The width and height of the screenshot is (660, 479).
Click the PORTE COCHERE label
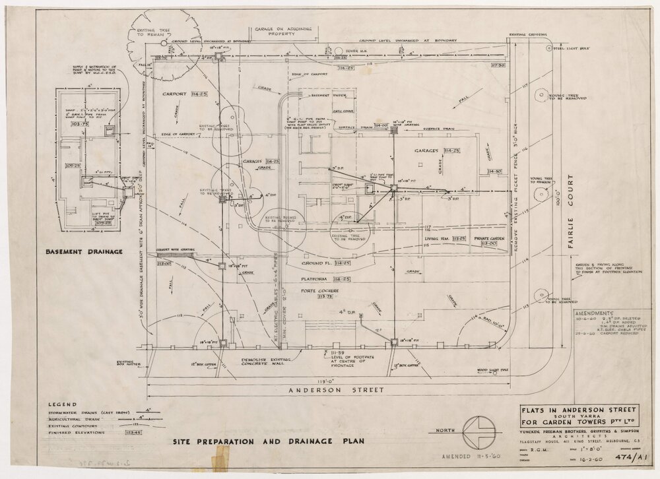coord(319,290)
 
